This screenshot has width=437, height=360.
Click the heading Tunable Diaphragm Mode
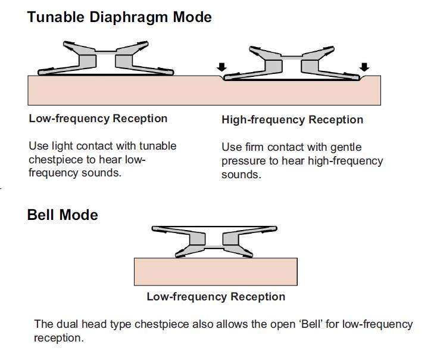(x=119, y=17)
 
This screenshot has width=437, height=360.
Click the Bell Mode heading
(x=63, y=215)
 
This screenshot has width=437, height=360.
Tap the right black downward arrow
(x=364, y=66)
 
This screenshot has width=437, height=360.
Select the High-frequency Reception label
(x=292, y=120)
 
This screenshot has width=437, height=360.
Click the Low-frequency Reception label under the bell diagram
(x=216, y=296)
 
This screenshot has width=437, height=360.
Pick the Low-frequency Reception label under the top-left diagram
(x=98, y=118)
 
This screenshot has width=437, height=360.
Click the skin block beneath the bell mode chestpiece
(x=216, y=271)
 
